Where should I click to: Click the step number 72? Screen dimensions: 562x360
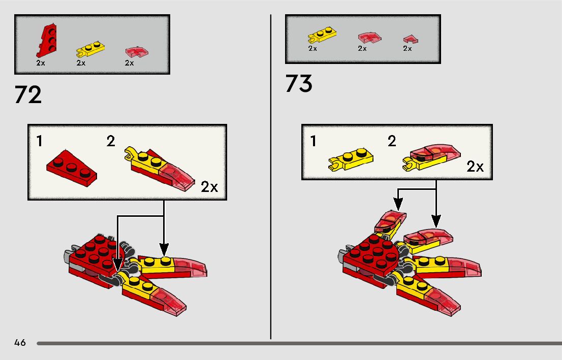(28, 95)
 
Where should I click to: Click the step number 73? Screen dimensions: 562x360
(299, 83)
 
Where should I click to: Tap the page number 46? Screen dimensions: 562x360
(20, 343)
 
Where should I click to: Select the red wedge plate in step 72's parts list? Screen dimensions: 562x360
(47, 41)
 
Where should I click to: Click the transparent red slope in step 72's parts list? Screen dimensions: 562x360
(137, 52)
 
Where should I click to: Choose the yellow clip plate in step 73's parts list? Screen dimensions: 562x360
(322, 35)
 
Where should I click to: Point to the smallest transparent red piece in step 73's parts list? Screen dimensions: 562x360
(411, 39)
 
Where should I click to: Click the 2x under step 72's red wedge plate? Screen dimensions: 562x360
(41, 63)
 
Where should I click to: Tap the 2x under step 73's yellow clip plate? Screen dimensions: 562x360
(313, 48)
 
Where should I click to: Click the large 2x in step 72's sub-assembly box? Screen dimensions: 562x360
(209, 187)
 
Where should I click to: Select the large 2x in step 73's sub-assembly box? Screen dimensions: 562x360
(475, 167)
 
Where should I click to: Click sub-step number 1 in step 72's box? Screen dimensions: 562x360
(40, 141)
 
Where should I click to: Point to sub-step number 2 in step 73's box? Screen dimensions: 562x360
(392, 141)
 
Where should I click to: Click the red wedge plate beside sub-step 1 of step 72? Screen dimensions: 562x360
(72, 168)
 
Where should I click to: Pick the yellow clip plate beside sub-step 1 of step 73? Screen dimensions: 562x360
(351, 160)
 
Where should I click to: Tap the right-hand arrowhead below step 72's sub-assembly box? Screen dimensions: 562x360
(164, 250)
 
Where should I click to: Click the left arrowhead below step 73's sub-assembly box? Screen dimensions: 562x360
(398, 205)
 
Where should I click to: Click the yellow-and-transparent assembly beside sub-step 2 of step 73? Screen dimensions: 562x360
(431, 157)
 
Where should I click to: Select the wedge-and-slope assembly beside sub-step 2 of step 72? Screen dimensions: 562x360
(160, 169)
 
